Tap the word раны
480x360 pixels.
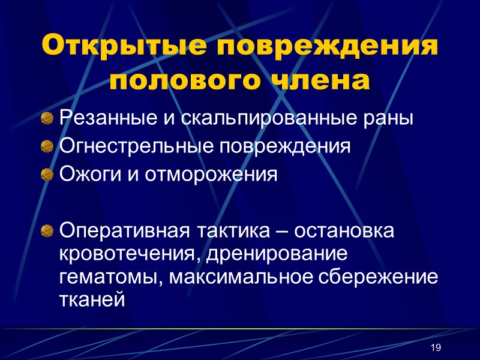coord(393,118)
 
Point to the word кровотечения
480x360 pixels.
coord(129,254)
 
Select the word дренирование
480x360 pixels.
coord(277,254)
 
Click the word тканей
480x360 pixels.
coord(92,300)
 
